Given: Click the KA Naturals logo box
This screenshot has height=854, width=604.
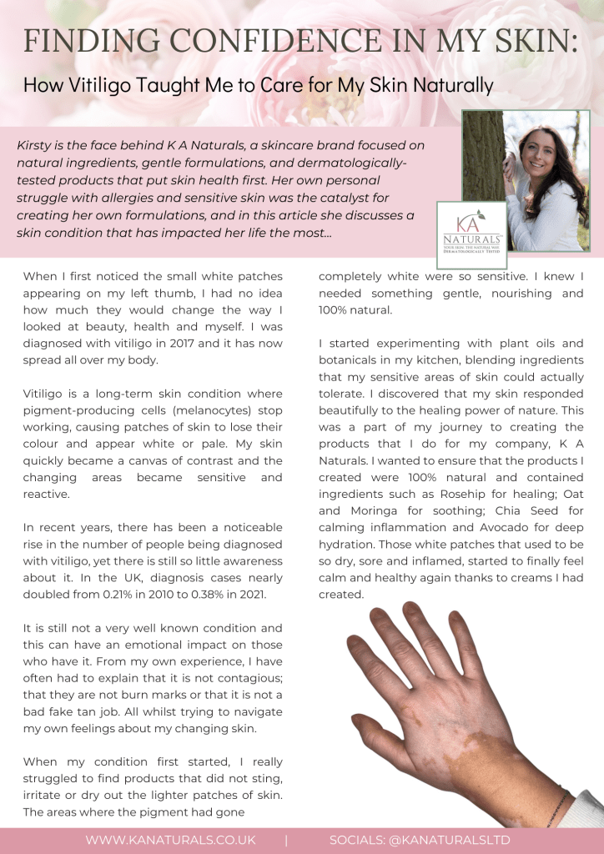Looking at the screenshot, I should point(471,234).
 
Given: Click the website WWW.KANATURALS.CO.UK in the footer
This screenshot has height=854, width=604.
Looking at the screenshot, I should point(170,840).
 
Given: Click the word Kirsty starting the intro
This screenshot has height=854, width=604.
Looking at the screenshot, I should point(35,145).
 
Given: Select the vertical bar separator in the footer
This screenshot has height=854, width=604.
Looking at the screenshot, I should point(286,840).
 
